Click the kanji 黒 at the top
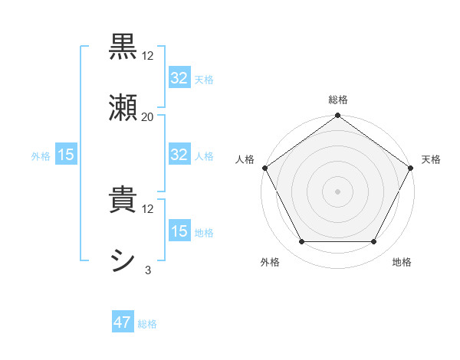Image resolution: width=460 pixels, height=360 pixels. coord(123,46)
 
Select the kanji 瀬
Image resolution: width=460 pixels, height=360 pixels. coord(123,107)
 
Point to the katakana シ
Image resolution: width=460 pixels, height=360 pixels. coord(123,260)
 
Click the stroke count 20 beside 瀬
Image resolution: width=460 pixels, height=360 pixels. coord(148,116)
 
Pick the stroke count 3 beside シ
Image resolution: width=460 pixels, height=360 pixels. coord(148,270)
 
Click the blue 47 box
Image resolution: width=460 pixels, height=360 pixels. coord(123,323)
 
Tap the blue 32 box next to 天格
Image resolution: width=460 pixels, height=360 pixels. coord(179,78)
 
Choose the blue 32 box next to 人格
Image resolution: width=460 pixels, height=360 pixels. coord(179,155)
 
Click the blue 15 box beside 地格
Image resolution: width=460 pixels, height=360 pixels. coord(179,231)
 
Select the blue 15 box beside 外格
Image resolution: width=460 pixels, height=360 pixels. coord(66,155)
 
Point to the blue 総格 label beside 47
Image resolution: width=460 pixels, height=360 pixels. coord(147,324)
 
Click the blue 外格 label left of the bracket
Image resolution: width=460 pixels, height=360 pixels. coord(41,156)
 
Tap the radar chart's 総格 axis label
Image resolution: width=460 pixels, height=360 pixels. coord(337,100)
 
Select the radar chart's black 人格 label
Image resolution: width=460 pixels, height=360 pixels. coord(245,159)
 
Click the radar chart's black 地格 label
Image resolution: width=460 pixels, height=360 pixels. coord(402,262)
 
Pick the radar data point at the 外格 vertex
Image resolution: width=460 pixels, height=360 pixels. coord(301,242)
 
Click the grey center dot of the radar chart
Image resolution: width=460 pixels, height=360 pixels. coord(337,191)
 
